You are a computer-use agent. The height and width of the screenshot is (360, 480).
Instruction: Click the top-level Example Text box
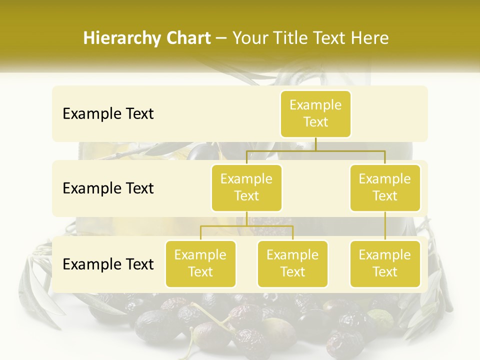[x=315, y=113]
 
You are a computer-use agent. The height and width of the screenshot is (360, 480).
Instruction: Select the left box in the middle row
[x=246, y=187]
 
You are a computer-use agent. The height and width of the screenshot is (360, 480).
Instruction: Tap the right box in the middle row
[x=385, y=187]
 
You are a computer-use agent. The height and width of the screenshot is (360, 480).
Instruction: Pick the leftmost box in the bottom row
[x=200, y=263]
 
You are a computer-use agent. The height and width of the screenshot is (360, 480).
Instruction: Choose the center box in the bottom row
[x=292, y=263]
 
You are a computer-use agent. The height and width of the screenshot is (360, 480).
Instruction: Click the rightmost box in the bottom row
[x=385, y=263]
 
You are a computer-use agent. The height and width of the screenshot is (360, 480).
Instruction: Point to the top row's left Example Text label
[x=108, y=114]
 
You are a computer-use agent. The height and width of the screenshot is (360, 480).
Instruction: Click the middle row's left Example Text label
[x=108, y=188]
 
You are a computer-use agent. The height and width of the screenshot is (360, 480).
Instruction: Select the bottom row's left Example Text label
[x=108, y=264]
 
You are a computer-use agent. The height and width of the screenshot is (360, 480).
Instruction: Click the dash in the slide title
[x=221, y=38]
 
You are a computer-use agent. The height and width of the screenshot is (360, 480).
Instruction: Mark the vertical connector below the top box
[x=315, y=144]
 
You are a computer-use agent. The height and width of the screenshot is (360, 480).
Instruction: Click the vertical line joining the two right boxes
[x=385, y=226]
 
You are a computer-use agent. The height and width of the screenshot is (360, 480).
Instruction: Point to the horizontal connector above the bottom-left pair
[x=246, y=226]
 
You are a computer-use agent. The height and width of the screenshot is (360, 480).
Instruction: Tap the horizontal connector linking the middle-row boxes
[x=315, y=150]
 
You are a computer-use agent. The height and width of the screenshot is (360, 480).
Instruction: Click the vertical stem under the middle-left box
[x=246, y=218]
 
